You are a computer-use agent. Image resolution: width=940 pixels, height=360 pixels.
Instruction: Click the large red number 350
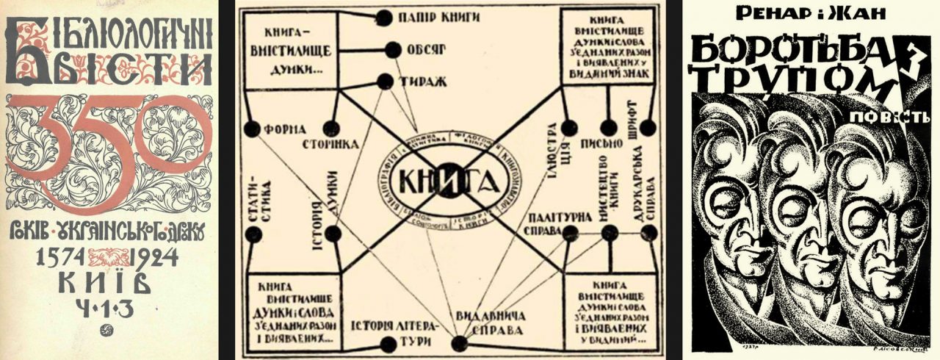[x=110, y=147]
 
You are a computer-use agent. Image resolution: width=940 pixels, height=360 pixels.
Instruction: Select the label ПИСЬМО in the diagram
[x=607, y=143]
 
